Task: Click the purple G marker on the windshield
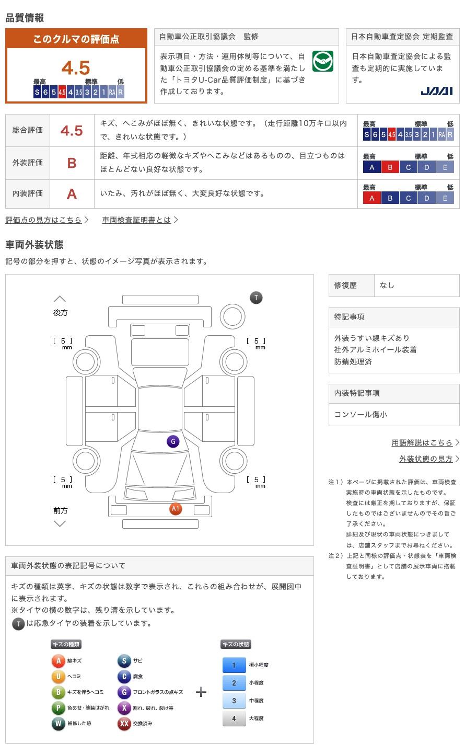[x=173, y=441]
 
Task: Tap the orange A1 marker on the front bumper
[x=176, y=508]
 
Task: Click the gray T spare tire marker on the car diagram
[x=256, y=298]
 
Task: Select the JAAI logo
[x=436, y=92]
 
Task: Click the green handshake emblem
[x=322, y=62]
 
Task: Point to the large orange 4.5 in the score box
[x=76, y=68]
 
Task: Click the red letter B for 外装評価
[x=72, y=163]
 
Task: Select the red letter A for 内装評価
[x=72, y=194]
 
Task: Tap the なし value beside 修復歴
[x=387, y=286]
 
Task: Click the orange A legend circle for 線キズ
[x=58, y=661]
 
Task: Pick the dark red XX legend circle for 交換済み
[x=124, y=724]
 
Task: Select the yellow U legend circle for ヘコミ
[x=58, y=677]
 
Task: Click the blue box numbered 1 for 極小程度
[x=234, y=665]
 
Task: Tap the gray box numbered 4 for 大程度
[x=234, y=718]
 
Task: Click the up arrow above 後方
[x=60, y=299]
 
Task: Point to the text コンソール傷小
[x=361, y=415]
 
